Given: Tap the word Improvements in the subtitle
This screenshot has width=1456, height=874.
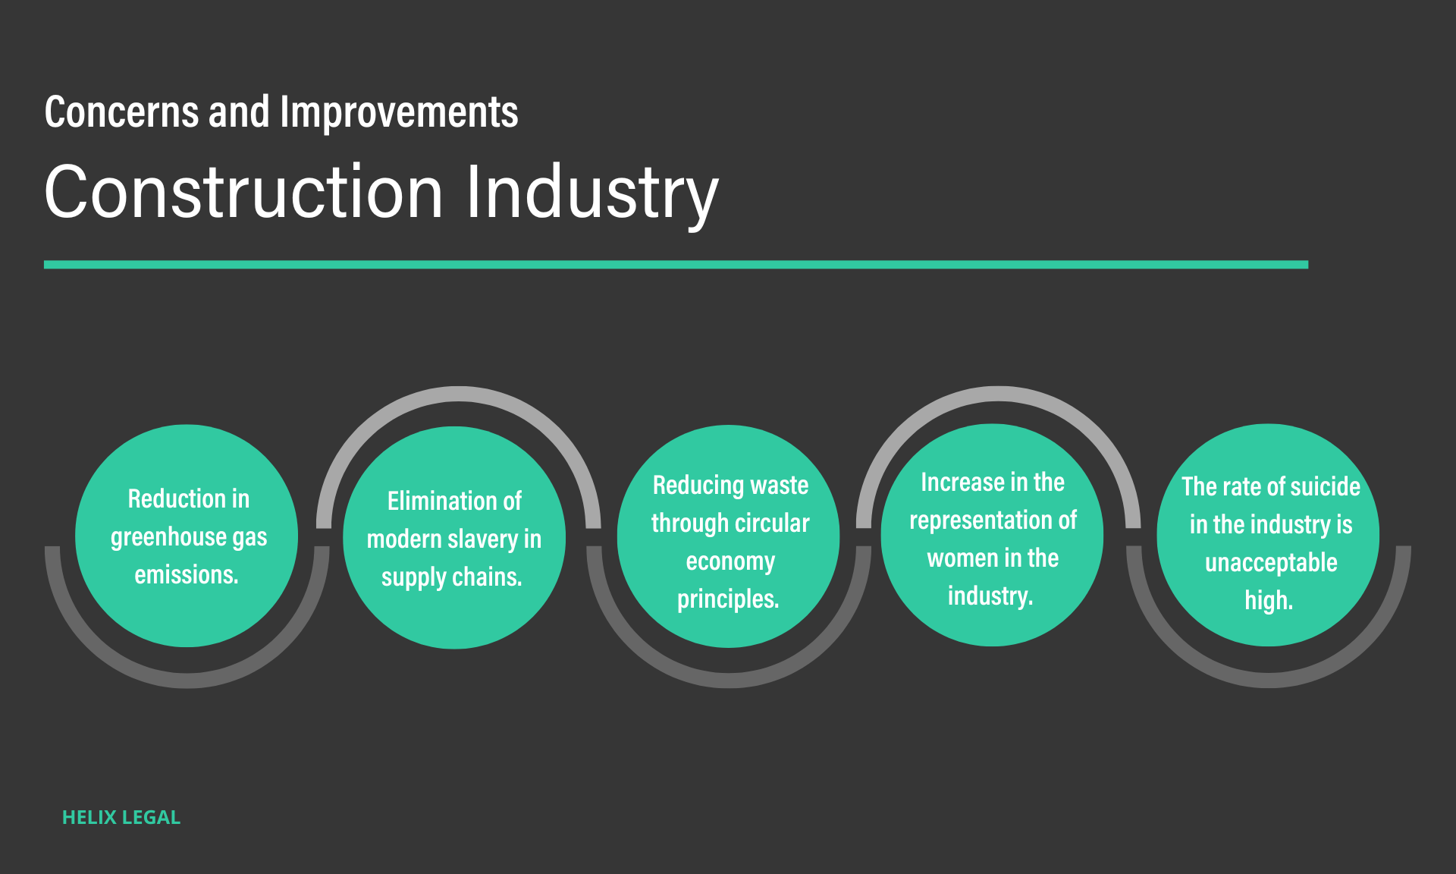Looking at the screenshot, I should coord(399,112).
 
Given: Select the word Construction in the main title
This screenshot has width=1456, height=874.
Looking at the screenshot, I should coord(243,193).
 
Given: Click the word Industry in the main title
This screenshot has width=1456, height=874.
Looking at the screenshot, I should coord(591,193).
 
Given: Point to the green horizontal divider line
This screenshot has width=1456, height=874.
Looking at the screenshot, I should coord(675,265).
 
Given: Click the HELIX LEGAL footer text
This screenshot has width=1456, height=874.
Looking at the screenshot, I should coord(121,817).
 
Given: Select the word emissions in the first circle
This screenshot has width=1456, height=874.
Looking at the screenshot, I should coord(186,575).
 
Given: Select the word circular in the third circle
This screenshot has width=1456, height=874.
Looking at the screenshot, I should coord(771,523).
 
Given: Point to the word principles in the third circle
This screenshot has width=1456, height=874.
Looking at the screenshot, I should coord(727,599).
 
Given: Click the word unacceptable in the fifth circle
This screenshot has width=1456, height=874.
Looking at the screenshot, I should coord(1271,563).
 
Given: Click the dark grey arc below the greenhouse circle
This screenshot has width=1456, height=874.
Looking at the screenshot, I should coord(187,680).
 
